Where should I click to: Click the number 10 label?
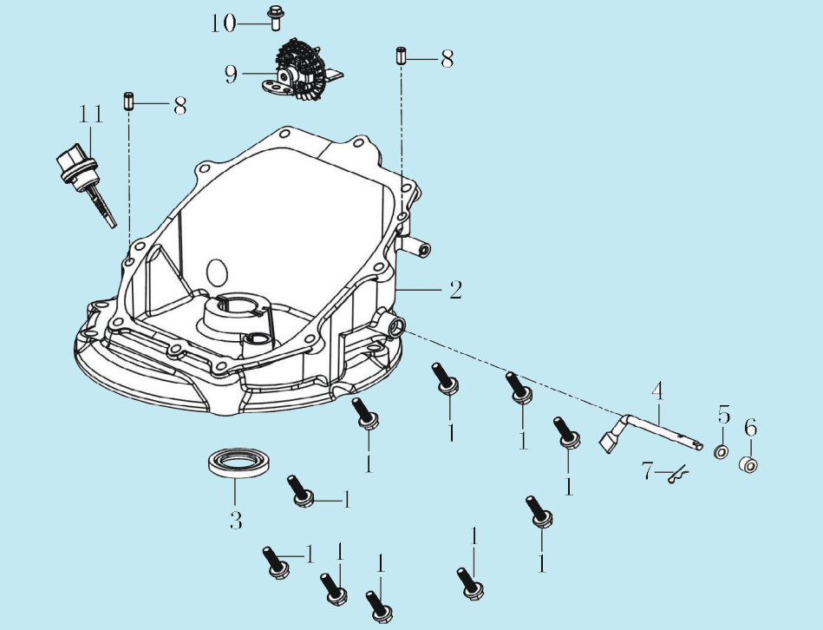(223, 23)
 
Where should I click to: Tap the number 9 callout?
(232, 75)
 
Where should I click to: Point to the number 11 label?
(91, 114)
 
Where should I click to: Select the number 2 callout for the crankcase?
(454, 289)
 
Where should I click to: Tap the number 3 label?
(236, 520)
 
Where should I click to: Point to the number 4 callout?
(657, 391)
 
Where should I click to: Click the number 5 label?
(724, 413)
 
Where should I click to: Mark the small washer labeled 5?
(721, 452)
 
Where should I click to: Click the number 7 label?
(646, 473)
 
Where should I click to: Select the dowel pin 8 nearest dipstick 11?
(127, 101)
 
